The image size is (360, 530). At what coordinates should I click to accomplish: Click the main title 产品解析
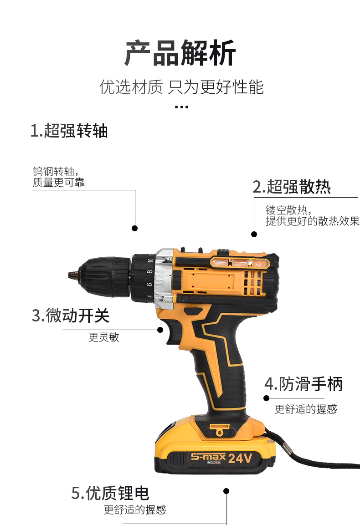(180, 54)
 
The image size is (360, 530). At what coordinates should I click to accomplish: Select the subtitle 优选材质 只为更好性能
(181, 87)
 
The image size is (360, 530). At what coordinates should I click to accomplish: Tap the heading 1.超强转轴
(69, 131)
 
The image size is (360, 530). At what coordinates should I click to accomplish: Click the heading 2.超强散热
(292, 187)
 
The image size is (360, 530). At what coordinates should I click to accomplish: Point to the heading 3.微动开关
(71, 315)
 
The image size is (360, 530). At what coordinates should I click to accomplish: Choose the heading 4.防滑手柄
(303, 384)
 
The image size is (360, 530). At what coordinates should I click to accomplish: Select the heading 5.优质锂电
(110, 493)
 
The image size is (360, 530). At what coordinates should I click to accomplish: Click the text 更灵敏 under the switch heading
(103, 337)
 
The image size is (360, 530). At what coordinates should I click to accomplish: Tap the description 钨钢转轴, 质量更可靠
(58, 177)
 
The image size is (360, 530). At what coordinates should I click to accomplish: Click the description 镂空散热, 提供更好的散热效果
(312, 216)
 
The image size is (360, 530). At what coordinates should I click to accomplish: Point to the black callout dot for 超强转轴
(134, 228)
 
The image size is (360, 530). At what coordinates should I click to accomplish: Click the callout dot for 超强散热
(254, 234)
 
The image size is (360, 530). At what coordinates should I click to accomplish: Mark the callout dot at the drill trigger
(160, 330)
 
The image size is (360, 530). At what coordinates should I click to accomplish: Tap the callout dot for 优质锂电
(226, 491)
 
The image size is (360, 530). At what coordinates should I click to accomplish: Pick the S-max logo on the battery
(208, 457)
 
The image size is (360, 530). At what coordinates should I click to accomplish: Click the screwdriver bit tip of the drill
(72, 275)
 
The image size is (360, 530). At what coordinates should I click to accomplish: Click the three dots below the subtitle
(181, 107)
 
